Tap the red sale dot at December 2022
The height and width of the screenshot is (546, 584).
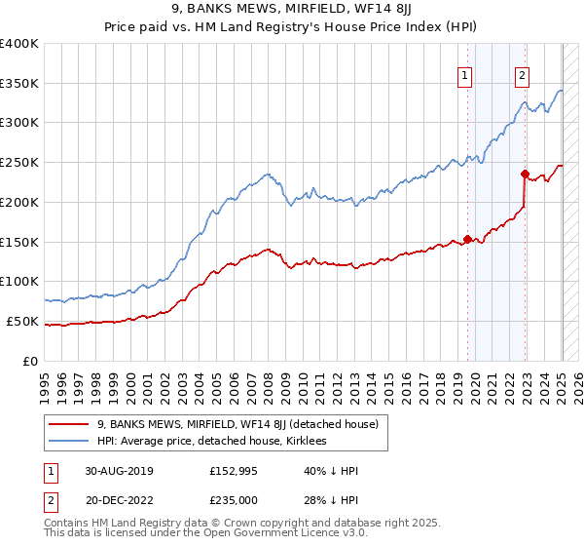525,174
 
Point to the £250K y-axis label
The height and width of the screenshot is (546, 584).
19,162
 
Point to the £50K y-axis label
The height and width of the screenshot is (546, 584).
23,321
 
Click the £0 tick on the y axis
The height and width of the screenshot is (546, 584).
32,361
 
